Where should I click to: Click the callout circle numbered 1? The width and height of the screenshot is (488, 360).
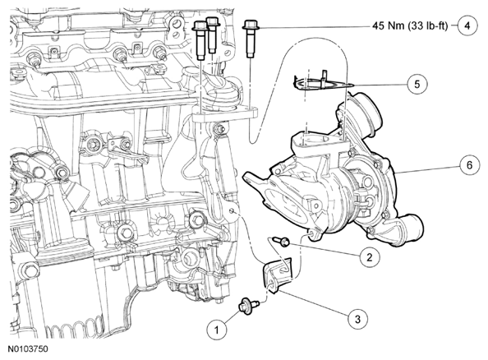(x=217, y=329)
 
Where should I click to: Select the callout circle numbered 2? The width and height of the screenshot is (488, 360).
(x=370, y=257)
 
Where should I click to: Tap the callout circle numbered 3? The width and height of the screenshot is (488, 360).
(x=357, y=319)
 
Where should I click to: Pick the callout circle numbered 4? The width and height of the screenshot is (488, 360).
(x=467, y=25)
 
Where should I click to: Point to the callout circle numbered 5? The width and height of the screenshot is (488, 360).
(x=417, y=84)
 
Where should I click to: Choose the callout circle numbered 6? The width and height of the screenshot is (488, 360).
(x=469, y=165)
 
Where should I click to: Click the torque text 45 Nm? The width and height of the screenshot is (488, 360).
(x=389, y=25)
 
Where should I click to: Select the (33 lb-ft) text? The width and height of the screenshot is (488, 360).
(x=428, y=25)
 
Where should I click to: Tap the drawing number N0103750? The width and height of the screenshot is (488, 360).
(x=28, y=348)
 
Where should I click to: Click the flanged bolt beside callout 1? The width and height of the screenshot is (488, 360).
(x=248, y=305)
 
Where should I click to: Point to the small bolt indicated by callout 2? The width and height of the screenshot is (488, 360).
(x=281, y=241)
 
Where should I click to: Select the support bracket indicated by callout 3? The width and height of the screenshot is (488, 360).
(x=278, y=275)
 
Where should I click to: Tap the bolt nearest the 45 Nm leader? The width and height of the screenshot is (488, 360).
(x=250, y=39)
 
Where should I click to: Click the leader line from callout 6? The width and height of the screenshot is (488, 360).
(x=427, y=168)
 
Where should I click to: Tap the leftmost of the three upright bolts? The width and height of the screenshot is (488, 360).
(x=199, y=39)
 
